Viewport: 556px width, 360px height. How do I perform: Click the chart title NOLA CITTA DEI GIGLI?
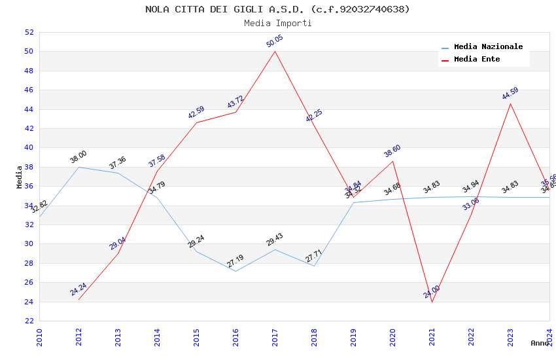pos(277,9)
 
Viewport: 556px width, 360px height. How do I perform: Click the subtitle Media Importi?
pos(277,24)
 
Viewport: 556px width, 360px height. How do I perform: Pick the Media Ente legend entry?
pos(477,60)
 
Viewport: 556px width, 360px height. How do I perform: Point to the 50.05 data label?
pos(275,41)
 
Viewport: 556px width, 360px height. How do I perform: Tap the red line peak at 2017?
pos(275,51)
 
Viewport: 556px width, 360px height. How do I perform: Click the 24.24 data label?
pos(78,289)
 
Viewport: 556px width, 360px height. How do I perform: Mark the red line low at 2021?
pos(432,302)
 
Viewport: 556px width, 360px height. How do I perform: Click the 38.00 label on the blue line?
pos(78,157)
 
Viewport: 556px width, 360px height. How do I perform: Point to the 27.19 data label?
pos(235,261)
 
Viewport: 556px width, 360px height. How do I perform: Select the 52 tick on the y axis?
pos(29,32)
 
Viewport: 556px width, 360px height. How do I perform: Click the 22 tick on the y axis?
pos(29,321)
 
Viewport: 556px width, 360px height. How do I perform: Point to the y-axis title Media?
pos(20,177)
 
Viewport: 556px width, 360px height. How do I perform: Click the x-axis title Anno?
pos(540,343)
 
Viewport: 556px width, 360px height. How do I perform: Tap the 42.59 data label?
pos(196,113)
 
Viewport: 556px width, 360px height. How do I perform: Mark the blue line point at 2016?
pos(235,271)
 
